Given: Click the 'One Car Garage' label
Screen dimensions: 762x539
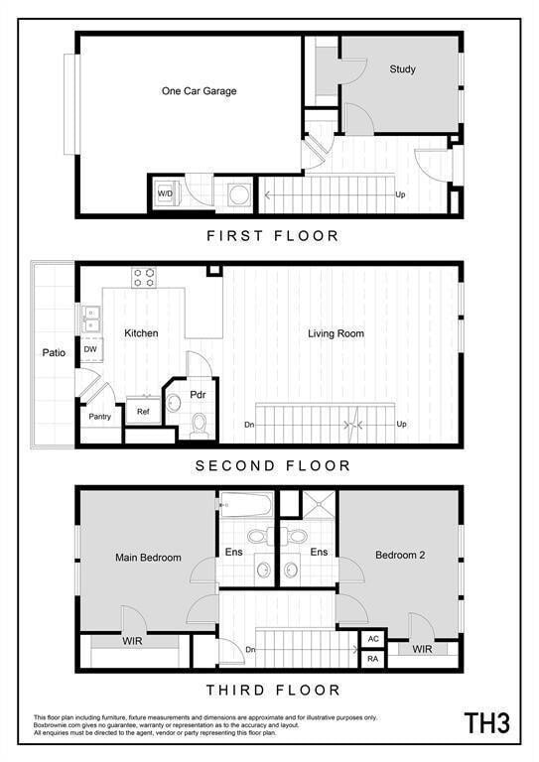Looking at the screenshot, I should tap(199, 91).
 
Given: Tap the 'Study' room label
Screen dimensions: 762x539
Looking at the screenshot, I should tap(402, 69).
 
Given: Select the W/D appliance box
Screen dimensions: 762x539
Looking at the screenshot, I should tap(165, 193).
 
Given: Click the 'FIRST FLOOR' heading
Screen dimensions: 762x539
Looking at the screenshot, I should tap(272, 236).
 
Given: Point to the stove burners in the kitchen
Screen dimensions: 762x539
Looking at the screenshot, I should tap(144, 277).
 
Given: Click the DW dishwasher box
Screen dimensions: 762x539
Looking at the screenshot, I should tap(90, 349).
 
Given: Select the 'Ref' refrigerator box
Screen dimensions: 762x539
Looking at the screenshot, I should tap(143, 411).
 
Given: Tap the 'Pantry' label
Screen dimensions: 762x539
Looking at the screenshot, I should tap(99, 417).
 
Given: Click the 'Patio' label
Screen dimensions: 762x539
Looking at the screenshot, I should tap(54, 352).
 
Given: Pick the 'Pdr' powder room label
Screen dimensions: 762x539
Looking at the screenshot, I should tap(198, 394).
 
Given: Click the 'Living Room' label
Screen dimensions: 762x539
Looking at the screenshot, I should tap(336, 333).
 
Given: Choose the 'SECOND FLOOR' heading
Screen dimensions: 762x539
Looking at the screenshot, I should tap(272, 465).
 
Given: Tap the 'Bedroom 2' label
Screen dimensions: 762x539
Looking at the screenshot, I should tap(400, 556).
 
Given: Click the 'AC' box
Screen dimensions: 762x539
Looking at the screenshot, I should tap(373, 640).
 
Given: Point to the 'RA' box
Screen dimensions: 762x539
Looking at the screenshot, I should tap(373, 659).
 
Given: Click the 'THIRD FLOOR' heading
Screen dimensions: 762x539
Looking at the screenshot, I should tap(272, 690).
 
